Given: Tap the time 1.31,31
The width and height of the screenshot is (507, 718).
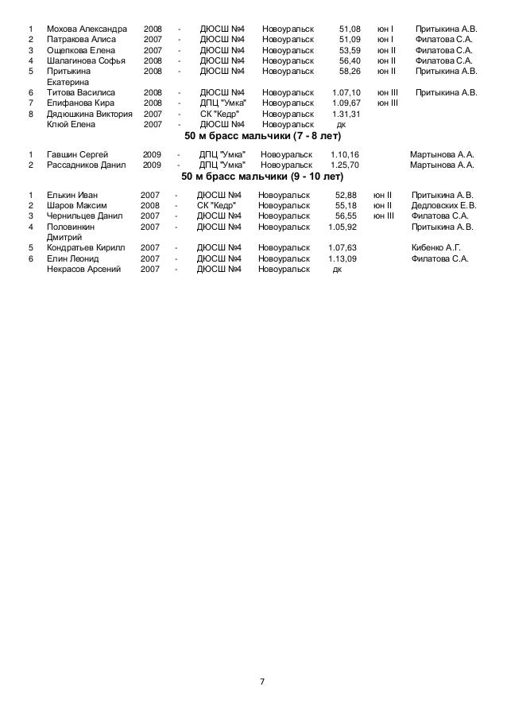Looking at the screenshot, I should click(x=346, y=114).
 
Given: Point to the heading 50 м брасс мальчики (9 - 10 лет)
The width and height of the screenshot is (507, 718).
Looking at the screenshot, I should click(x=257, y=176).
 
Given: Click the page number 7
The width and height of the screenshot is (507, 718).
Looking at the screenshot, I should click(x=262, y=682).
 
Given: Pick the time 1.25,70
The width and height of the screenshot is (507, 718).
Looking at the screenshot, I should click(x=344, y=165).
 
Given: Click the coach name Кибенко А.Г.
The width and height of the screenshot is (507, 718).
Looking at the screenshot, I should click(x=436, y=247).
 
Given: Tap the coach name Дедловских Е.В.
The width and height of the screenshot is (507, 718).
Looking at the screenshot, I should click(x=443, y=204).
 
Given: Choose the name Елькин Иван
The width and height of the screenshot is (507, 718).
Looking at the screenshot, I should click(x=71, y=194).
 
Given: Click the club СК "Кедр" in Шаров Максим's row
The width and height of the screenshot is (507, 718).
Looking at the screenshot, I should click(x=217, y=204).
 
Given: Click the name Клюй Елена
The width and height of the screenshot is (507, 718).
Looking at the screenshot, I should click(x=71, y=124).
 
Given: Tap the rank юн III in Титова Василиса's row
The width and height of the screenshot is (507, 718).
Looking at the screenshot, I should click(x=388, y=92).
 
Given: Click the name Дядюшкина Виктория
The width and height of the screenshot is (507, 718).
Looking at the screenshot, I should click(x=89, y=114).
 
